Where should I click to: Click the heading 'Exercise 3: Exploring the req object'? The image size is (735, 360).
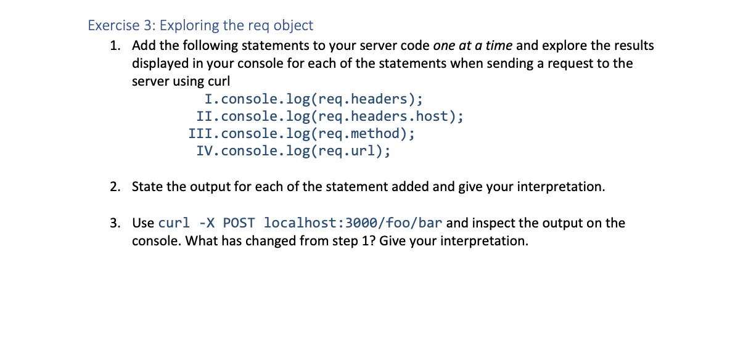pyautogui.click(x=200, y=25)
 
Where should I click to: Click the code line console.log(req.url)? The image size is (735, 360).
pyautogui.click(x=305, y=150)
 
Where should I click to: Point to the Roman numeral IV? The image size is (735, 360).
pyautogui.click(x=206, y=150)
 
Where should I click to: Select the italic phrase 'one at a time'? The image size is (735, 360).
pyautogui.click(x=473, y=46)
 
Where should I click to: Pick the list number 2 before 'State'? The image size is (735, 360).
pyautogui.click(x=115, y=187)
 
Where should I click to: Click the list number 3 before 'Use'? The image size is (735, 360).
pyautogui.click(x=115, y=223)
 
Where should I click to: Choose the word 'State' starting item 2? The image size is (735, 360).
pyautogui.click(x=147, y=187)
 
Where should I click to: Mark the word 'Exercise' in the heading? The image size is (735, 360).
pyautogui.click(x=113, y=25)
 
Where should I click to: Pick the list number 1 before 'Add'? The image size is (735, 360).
pyautogui.click(x=115, y=46)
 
